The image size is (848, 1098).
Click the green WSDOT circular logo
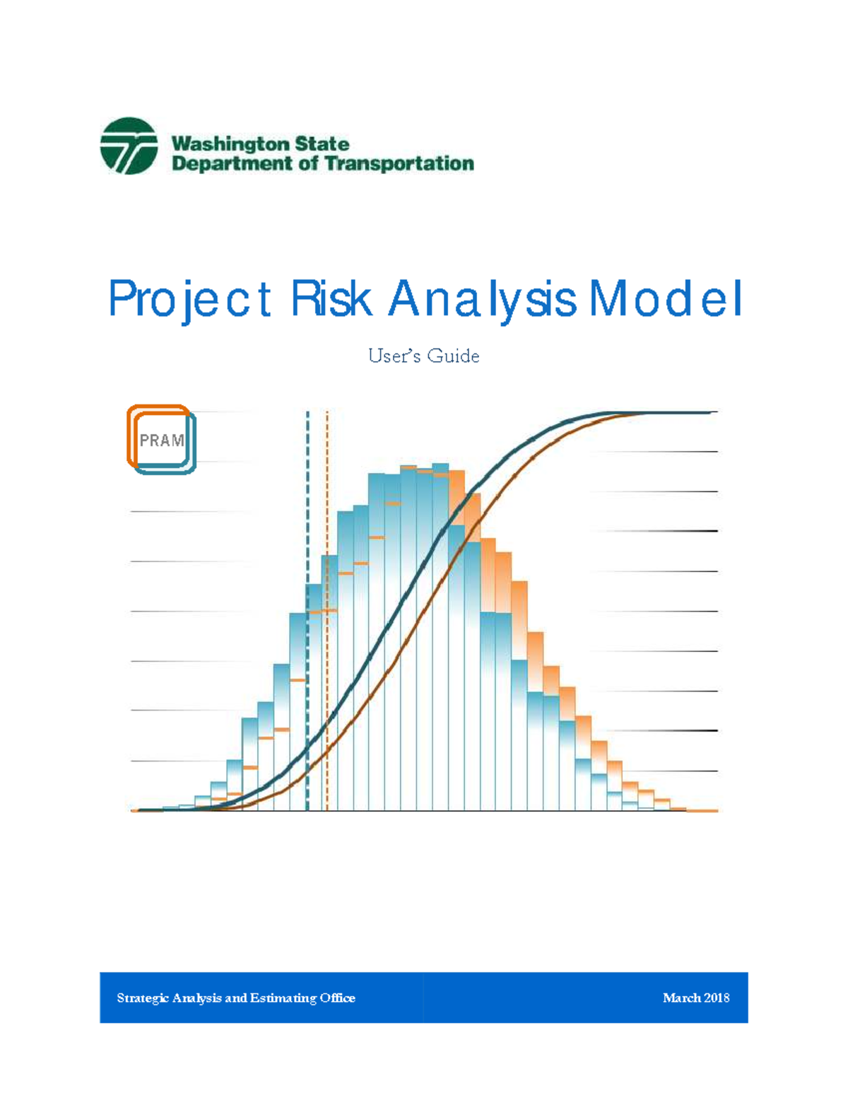[x=129, y=146]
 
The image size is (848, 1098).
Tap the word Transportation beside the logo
[x=399, y=164]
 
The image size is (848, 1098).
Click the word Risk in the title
[x=331, y=299]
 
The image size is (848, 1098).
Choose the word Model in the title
[x=666, y=299]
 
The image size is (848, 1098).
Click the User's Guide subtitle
[x=424, y=356]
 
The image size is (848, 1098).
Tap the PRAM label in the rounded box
[x=162, y=440]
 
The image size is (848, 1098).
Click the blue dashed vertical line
[x=307, y=495]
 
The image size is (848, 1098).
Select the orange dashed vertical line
[x=327, y=495]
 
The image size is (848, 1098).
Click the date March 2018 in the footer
[x=696, y=998]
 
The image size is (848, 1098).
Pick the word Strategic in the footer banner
[x=143, y=998]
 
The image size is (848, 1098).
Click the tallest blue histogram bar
[x=440, y=636]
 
